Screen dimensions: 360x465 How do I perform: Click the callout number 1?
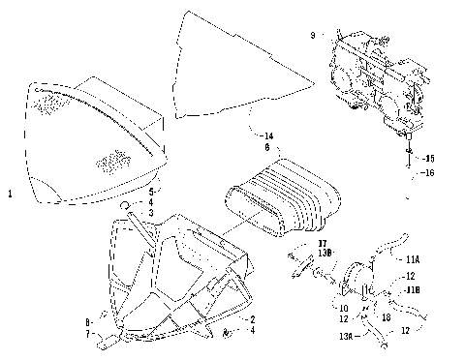click(x=9, y=195)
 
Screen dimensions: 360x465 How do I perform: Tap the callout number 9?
click(x=312, y=35)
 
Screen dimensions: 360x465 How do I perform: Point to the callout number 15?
click(x=430, y=158)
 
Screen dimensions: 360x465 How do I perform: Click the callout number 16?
click(x=430, y=172)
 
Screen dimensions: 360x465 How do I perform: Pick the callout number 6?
click(x=253, y=148)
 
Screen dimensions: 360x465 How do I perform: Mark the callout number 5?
click(x=150, y=192)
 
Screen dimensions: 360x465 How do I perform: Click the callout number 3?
click(x=150, y=211)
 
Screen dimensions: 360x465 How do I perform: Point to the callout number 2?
click(x=252, y=318)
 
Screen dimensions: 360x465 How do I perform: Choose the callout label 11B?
click(x=413, y=289)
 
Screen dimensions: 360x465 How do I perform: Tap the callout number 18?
click(x=386, y=316)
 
